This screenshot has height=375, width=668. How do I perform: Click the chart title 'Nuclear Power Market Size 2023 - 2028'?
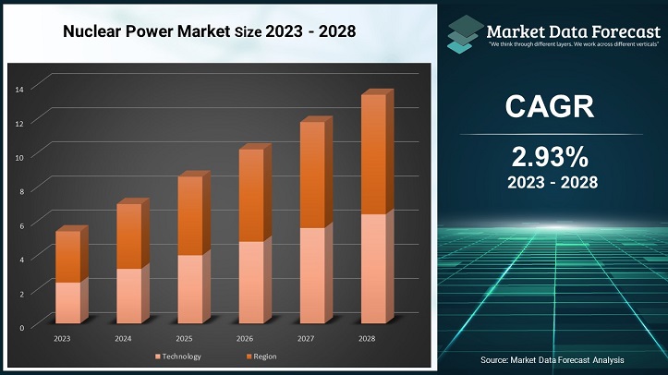[209, 30]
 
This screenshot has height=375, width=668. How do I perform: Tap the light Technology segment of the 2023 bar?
[68, 303]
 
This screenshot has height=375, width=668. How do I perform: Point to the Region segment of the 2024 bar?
[128, 236]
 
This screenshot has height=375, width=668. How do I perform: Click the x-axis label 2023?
[62, 339]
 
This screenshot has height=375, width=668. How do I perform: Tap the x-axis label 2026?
[245, 339]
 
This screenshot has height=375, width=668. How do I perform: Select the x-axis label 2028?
[366, 339]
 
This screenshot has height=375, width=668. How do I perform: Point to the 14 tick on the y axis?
[19, 88]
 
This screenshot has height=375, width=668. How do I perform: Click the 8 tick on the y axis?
[21, 190]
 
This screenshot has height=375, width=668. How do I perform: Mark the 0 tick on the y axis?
[21, 327]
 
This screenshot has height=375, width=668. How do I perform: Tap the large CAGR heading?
[552, 106]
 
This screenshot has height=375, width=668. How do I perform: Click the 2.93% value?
[552, 154]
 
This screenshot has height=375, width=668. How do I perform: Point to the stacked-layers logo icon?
[468, 31]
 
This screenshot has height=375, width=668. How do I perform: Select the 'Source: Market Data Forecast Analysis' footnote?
[553, 358]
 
